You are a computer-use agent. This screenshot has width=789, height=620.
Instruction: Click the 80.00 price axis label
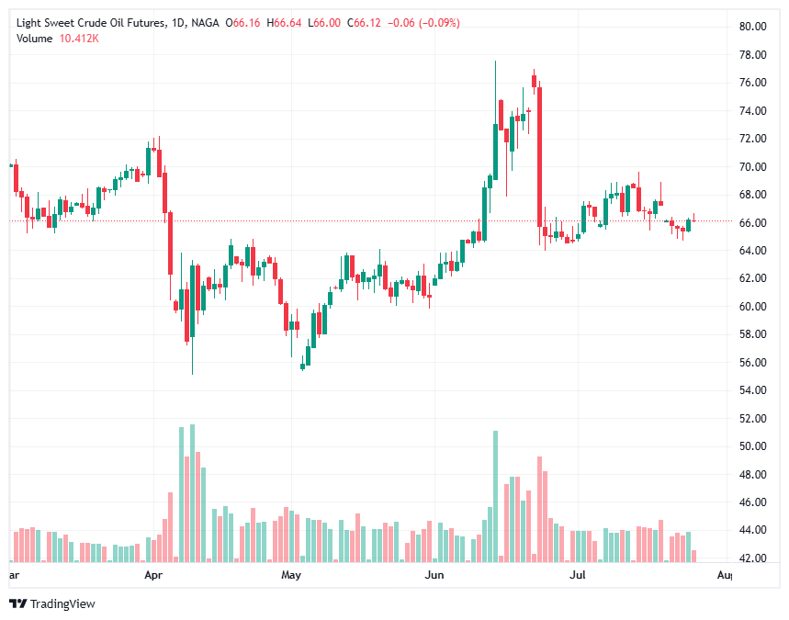click(x=753, y=27)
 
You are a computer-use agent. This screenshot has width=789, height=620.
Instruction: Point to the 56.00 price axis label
click(x=753, y=363)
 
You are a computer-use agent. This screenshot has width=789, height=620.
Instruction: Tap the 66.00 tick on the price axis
click(x=753, y=223)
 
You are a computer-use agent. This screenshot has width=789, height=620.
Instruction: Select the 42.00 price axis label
click(x=753, y=558)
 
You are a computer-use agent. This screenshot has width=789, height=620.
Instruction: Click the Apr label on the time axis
click(x=153, y=576)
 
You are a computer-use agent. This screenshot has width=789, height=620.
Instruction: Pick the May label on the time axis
click(x=291, y=576)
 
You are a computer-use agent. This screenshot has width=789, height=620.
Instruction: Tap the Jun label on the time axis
click(x=434, y=576)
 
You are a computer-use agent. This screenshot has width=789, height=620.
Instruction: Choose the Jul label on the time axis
click(x=578, y=576)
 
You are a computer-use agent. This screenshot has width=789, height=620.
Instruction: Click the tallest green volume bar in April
click(x=192, y=492)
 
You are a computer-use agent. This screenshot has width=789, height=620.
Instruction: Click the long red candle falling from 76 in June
click(x=539, y=156)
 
